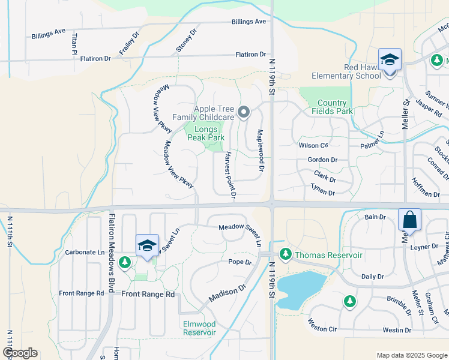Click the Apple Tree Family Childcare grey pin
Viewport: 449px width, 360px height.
point(244,112)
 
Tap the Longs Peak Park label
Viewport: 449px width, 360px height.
point(205,133)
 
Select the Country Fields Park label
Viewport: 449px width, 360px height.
point(332,107)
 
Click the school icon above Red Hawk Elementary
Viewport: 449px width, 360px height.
point(390,60)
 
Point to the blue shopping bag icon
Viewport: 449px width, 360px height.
point(410,220)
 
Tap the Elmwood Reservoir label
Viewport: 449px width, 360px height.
point(199,328)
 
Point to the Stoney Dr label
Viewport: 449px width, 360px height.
point(187,41)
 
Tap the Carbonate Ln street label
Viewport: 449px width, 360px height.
point(84,253)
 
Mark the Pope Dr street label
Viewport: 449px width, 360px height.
point(240,262)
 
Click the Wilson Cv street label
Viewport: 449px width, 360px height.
point(313,145)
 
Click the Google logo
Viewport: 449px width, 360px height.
point(20,353)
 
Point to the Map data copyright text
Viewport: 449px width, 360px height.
point(411,355)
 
